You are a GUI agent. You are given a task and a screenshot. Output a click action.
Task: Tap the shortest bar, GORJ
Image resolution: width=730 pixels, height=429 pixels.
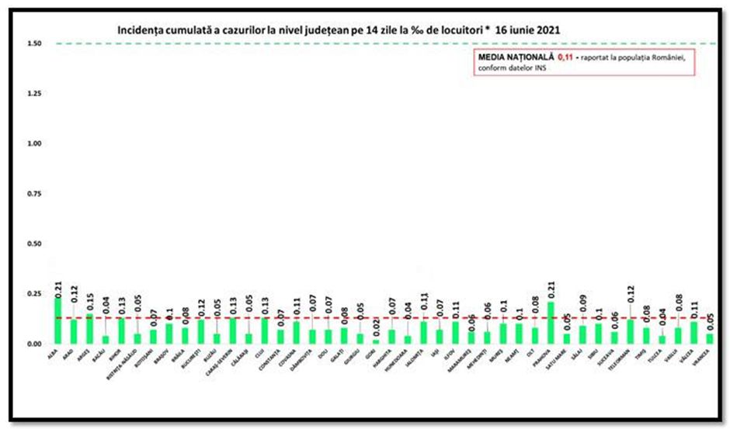(x=376, y=341)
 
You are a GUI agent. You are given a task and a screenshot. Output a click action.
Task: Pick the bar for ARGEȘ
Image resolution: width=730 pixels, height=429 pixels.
(x=90, y=327)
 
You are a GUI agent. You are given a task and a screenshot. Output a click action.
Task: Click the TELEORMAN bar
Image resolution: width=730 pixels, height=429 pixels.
(x=631, y=330)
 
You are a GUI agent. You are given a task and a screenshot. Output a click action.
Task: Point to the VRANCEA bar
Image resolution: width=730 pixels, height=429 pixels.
(x=709, y=338)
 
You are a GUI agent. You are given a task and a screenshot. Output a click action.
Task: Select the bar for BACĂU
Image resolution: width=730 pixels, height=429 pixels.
(x=106, y=339)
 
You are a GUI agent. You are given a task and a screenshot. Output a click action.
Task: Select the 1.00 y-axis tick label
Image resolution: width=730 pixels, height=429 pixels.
(x=34, y=144)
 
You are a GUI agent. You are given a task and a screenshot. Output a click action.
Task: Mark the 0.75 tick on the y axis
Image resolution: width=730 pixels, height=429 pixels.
(x=34, y=194)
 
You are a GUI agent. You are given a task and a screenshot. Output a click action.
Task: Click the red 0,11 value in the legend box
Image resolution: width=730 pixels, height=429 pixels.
(x=565, y=57)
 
